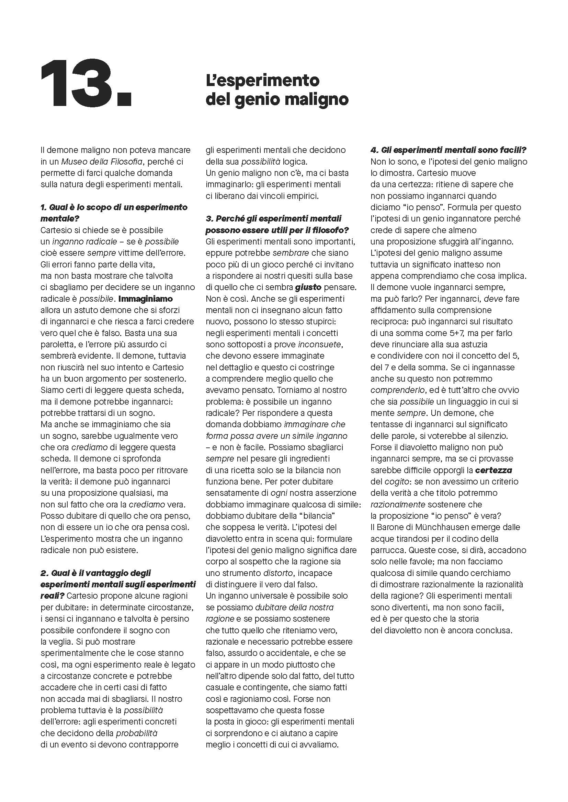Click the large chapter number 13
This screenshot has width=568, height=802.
[86, 83]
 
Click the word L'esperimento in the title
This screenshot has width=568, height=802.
[262, 81]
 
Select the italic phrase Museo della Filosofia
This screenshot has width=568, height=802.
[102, 161]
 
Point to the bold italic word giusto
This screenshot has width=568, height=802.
[308, 287]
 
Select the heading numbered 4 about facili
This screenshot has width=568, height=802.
[449, 150]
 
